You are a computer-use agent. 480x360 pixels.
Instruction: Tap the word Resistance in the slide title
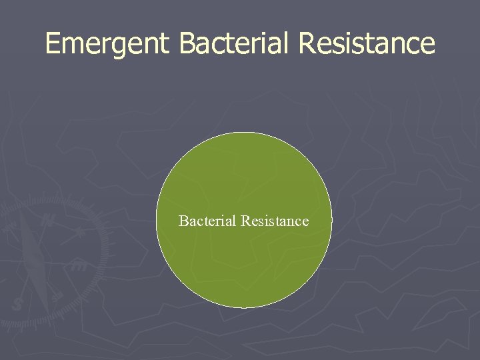coord(367,43)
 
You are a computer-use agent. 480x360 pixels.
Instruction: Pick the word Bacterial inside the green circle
coord(207,221)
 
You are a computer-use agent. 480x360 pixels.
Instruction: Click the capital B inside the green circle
coord(183,221)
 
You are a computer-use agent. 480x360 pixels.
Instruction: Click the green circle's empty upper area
coord(244,167)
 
